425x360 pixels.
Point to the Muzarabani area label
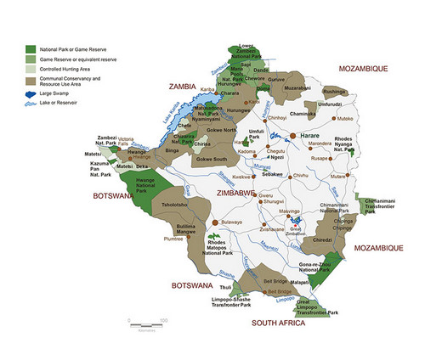(297, 87)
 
